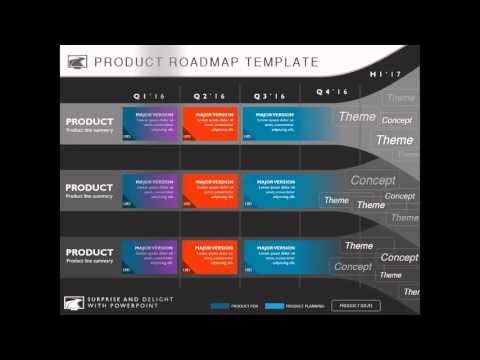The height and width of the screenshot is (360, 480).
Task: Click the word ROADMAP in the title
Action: tap(208, 62)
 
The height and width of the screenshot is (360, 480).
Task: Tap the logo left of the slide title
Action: tap(77, 62)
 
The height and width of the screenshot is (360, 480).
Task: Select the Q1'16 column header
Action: tap(147, 96)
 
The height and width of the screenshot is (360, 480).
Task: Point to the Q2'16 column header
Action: tap(208, 96)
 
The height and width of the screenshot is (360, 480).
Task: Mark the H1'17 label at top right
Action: tap(385, 74)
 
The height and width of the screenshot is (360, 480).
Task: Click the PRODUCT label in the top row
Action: tap(89, 122)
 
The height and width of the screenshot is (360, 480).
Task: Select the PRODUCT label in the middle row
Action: tap(89, 187)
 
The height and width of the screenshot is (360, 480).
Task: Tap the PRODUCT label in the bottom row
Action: tap(89, 253)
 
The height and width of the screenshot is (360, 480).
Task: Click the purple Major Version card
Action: tap(150, 126)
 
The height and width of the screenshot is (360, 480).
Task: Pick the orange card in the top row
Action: tap(210, 126)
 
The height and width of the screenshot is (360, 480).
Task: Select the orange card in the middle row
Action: tap(210, 192)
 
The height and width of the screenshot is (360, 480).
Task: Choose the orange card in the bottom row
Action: tap(210, 258)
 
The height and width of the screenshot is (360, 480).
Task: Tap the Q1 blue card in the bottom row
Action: tap(150, 258)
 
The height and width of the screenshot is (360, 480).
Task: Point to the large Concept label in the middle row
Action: tap(372, 181)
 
